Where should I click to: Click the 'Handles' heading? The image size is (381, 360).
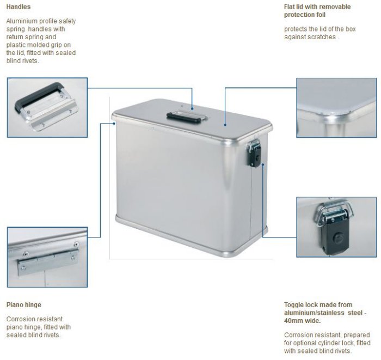[19, 7]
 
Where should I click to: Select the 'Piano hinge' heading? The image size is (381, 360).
[24, 305]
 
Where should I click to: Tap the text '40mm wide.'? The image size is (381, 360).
[302, 321]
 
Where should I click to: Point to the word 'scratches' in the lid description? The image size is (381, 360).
[322, 37]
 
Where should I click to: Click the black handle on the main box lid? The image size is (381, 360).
[184, 118]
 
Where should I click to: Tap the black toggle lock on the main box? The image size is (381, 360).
[254, 156]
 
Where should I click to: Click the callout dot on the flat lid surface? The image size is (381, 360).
[225, 125]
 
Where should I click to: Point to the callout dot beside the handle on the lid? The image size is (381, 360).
[192, 109]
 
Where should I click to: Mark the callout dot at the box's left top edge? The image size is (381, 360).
[114, 124]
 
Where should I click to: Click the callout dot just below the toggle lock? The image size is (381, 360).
[263, 164]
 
